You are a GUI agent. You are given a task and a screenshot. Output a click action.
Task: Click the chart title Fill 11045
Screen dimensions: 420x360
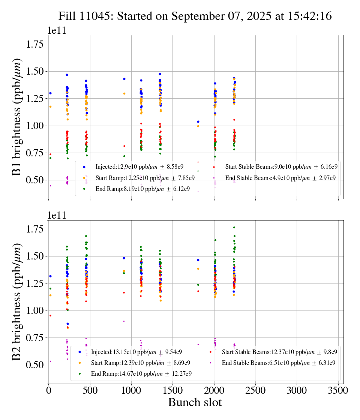click(x=195, y=16)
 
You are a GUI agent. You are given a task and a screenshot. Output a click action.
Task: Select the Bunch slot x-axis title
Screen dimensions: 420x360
click(x=195, y=402)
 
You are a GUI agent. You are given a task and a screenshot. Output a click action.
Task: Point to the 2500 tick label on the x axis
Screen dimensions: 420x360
click(x=255, y=391)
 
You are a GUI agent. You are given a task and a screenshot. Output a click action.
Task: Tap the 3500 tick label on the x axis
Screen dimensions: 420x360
click(x=338, y=391)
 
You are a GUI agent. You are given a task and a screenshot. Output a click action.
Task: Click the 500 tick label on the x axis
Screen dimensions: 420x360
click(x=90, y=391)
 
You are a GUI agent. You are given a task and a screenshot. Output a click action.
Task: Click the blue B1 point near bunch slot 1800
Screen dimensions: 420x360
click(x=198, y=121)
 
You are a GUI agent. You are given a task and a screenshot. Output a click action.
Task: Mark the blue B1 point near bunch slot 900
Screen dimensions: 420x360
click(x=124, y=79)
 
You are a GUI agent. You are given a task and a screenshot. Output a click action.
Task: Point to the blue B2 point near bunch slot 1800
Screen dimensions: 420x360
click(x=198, y=260)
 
